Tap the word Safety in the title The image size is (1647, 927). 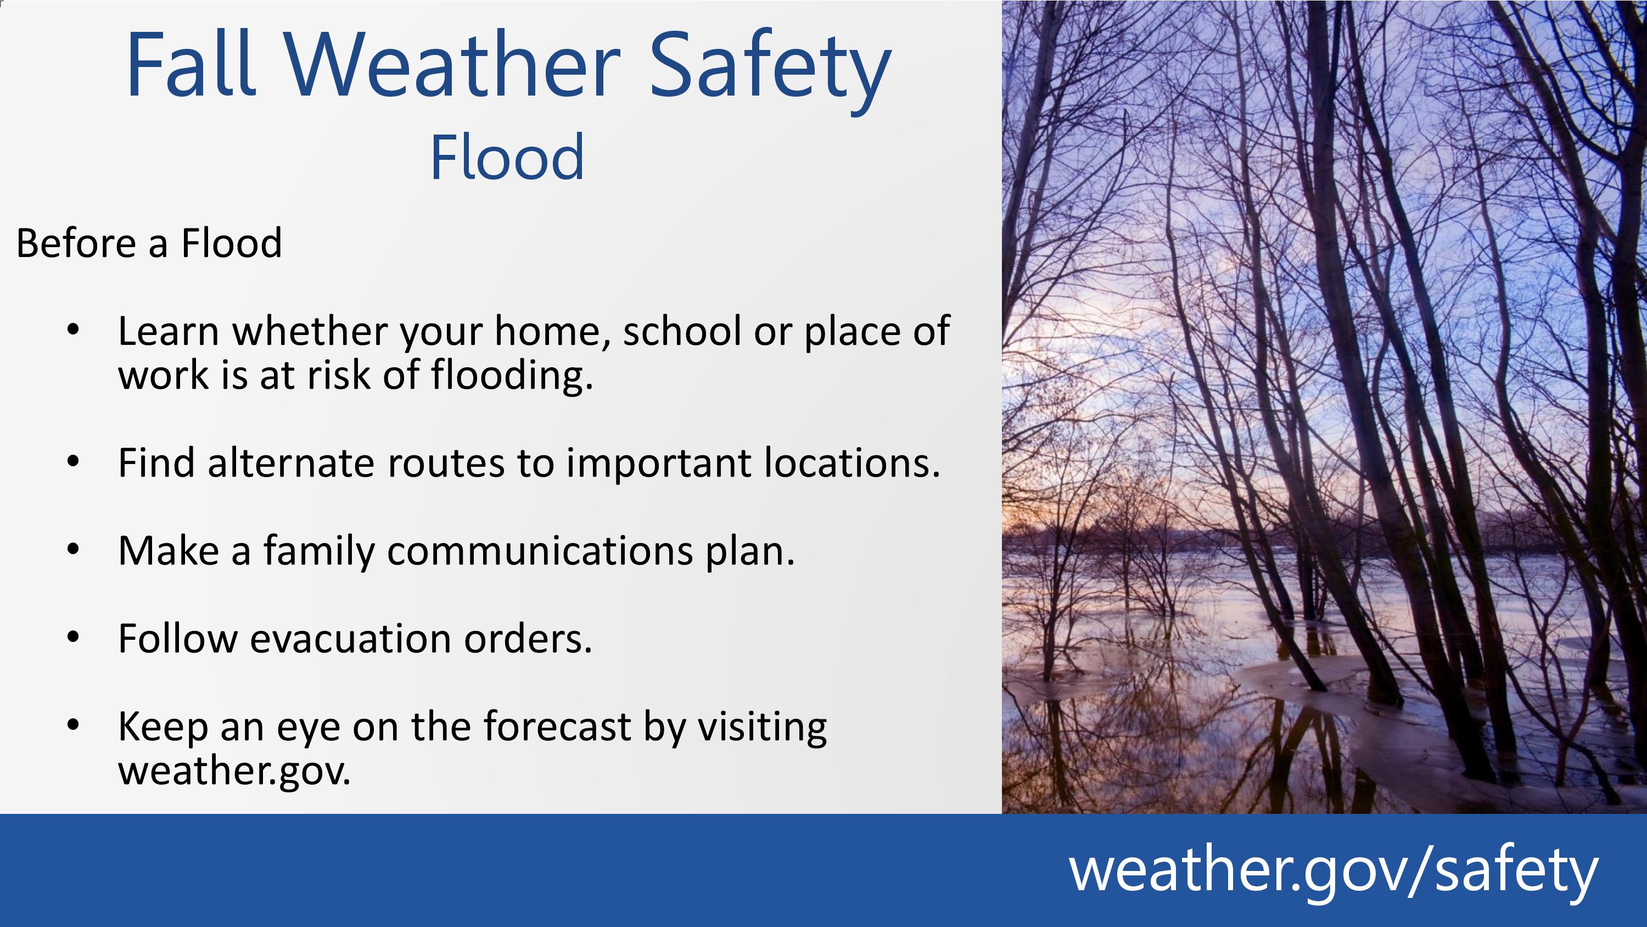770,71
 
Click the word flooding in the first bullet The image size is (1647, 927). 512,376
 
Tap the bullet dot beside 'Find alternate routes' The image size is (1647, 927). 73,461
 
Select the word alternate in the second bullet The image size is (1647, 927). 291,463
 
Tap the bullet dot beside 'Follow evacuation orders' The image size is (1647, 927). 73,636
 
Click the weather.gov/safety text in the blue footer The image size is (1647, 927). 1333,870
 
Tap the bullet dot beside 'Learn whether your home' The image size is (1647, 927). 73,330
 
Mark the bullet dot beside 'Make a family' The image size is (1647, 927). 73,549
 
